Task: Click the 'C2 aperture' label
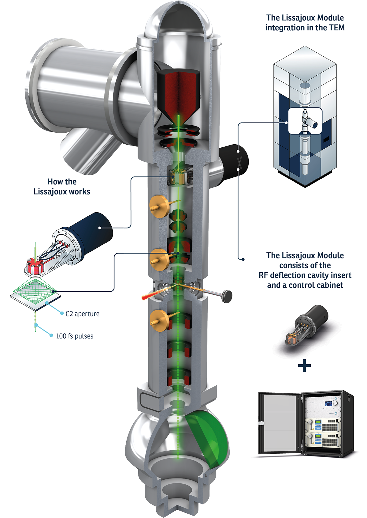click(82, 314)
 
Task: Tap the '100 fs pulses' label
click(75, 336)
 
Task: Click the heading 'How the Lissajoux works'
click(62, 187)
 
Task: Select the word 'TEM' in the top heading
click(337, 28)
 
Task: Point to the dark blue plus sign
click(304, 365)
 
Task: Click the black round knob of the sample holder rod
click(227, 296)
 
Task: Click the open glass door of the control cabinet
click(278, 423)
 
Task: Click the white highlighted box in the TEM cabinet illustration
click(305, 121)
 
